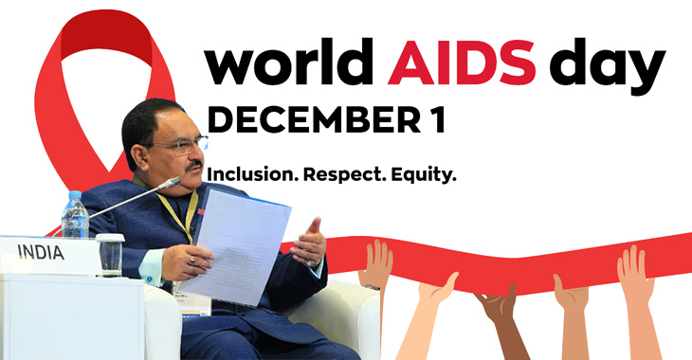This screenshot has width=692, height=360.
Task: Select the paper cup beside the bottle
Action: (110, 251)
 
